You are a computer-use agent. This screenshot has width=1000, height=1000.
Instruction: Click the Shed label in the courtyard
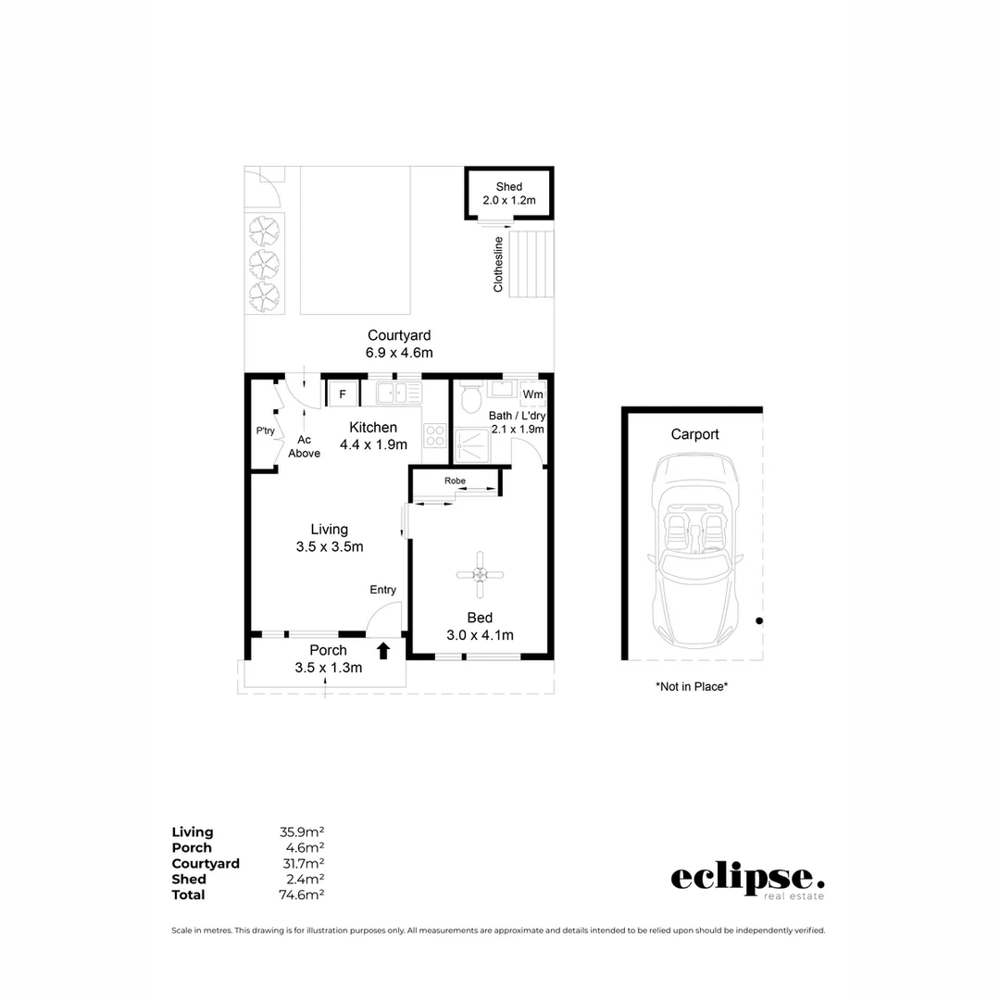pyautogui.click(x=508, y=187)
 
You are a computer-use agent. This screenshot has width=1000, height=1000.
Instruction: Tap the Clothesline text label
pyautogui.click(x=498, y=265)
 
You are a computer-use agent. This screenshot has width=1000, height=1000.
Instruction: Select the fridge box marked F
pyautogui.click(x=343, y=394)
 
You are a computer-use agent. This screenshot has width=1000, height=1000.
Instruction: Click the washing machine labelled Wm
pyautogui.click(x=532, y=395)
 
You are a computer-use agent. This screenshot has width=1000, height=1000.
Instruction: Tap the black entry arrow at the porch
pyautogui.click(x=383, y=651)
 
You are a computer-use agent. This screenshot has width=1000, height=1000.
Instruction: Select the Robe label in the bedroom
pyautogui.click(x=455, y=481)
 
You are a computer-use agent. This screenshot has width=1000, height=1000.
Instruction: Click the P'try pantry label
pyautogui.click(x=266, y=431)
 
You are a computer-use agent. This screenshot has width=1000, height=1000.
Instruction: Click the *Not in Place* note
pyautogui.click(x=692, y=687)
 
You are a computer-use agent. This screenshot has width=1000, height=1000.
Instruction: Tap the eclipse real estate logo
pyautogui.click(x=746, y=880)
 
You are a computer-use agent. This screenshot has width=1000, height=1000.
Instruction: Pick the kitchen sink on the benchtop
pyautogui.click(x=396, y=394)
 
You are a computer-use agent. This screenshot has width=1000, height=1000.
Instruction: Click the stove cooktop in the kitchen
pyautogui.click(x=434, y=434)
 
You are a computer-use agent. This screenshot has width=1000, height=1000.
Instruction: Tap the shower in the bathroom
pyautogui.click(x=474, y=444)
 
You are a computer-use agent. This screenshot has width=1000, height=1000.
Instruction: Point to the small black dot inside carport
pyautogui.click(x=758, y=621)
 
